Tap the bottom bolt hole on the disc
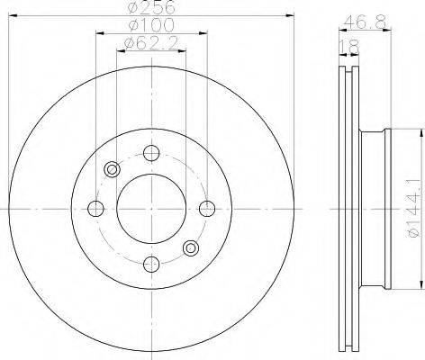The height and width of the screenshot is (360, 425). coord(151,265)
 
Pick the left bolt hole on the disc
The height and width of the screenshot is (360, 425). coord(95,209)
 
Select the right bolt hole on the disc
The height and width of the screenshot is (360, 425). coord(207,209)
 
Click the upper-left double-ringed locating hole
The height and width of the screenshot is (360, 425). coord(113,169)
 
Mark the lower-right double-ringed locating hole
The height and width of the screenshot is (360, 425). coord(190,248)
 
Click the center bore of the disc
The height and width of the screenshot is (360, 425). coord(151,209)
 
